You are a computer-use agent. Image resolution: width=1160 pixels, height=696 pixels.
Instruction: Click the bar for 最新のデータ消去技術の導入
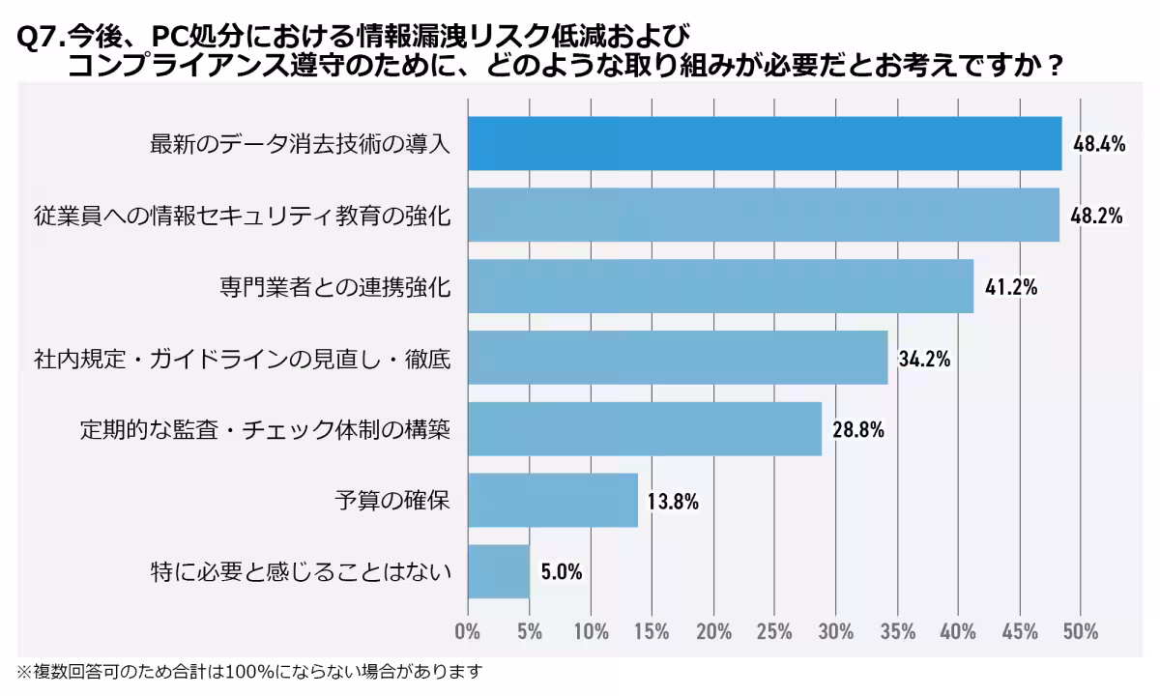[x=764, y=143]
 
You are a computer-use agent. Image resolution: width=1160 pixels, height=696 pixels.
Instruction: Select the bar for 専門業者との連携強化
[x=720, y=286]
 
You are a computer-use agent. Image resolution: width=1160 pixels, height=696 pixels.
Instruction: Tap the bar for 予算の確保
[x=553, y=500]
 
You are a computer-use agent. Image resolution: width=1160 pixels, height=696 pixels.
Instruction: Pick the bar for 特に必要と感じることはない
[x=499, y=571]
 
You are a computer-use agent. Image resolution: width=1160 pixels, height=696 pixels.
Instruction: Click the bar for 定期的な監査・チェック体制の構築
[x=645, y=428]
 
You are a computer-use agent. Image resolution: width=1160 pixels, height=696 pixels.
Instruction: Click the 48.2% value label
[x=1096, y=216]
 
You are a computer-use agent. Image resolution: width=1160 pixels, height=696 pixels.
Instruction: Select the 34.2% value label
[x=925, y=359]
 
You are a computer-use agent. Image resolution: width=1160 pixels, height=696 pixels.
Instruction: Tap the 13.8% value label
[x=673, y=501]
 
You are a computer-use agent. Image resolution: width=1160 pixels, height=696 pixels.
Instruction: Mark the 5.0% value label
[x=562, y=572]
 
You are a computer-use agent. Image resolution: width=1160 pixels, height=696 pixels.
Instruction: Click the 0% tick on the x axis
[x=468, y=632]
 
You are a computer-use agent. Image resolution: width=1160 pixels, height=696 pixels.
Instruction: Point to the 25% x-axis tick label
[x=774, y=632]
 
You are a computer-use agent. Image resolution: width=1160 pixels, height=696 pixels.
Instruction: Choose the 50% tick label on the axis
[x=1080, y=632]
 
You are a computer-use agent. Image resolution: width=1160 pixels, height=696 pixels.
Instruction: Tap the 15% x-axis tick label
[x=652, y=632]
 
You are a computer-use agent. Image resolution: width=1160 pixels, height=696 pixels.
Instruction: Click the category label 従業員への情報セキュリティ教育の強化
[x=242, y=216]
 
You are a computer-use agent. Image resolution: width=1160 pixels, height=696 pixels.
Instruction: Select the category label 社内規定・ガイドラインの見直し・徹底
[x=242, y=359]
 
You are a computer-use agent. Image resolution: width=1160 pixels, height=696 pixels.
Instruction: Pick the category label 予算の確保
[x=392, y=501]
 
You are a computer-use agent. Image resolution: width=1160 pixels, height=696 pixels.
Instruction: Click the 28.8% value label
[x=858, y=430]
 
